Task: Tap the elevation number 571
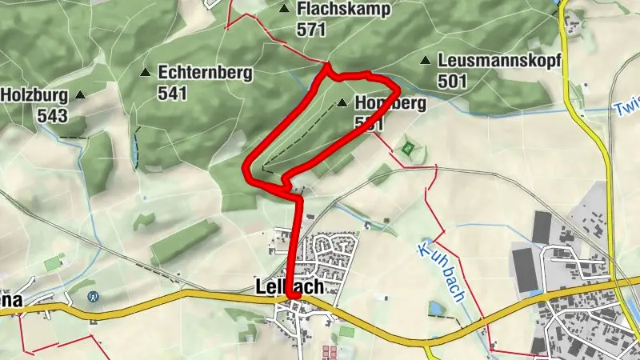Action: (x=312, y=30)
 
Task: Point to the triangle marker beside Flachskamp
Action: (x=285, y=9)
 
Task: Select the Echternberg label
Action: (x=206, y=73)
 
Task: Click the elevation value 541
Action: (x=173, y=93)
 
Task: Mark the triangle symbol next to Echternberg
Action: (x=146, y=72)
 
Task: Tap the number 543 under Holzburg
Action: (x=52, y=115)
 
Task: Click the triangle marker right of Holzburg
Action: (x=80, y=95)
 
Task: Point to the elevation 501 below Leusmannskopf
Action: (x=453, y=81)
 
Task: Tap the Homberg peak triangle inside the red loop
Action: (x=342, y=103)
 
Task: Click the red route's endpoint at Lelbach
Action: (x=294, y=296)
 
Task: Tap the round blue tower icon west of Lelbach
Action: (x=94, y=297)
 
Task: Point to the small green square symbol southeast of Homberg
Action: (x=408, y=148)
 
